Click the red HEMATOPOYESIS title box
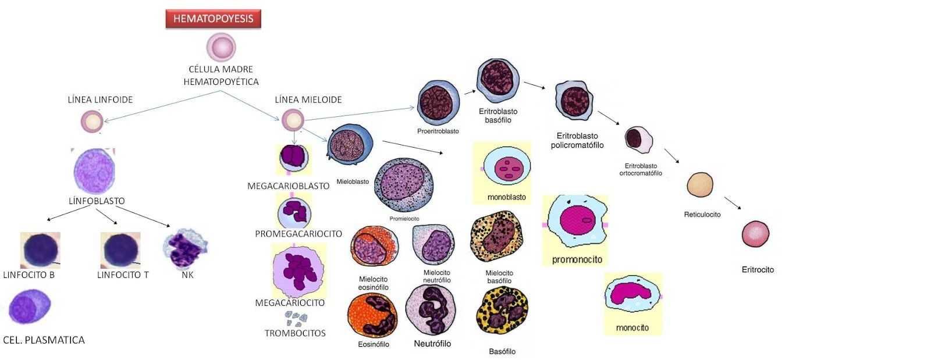[x=213, y=19]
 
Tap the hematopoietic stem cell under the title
[x=221, y=47]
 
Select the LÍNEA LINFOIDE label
[x=100, y=99]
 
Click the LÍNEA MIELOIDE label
[x=308, y=99]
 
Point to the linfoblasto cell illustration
[x=94, y=171]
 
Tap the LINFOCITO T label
[x=123, y=275]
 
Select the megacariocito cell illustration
[x=299, y=272]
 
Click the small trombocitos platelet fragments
[x=296, y=318]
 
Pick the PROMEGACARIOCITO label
[x=299, y=234]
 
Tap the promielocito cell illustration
[x=403, y=186]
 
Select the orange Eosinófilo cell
[x=372, y=315]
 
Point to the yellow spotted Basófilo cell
[x=502, y=314]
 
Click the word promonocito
[x=577, y=259]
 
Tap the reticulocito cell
[x=700, y=185]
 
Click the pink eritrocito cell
[x=756, y=234]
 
